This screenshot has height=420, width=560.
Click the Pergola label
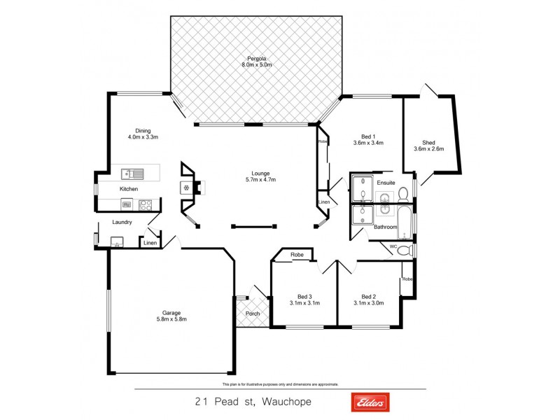pos(256,58)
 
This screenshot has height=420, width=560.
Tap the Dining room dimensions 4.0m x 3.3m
pos(143,137)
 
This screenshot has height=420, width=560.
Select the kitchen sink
pos(130,173)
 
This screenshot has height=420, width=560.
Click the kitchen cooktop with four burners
pos(146,205)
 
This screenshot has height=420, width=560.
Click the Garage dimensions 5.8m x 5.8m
pos(171,318)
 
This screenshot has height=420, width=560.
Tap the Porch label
pos(252,314)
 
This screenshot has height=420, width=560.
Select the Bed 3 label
pos(304,295)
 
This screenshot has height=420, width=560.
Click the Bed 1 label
pos(369,136)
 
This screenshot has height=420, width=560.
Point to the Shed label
pos(429,141)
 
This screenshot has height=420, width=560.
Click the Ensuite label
pos(386,183)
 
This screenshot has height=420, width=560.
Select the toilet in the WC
pos(404,251)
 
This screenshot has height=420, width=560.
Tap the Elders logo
pos(370,402)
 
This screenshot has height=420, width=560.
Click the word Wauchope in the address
pos(287,402)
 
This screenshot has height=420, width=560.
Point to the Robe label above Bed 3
pos(297,255)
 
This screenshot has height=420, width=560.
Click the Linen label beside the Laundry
pos(150,244)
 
